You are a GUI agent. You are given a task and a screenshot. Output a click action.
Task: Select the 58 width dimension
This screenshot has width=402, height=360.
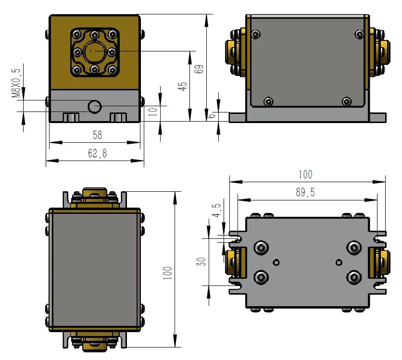coord(97,135)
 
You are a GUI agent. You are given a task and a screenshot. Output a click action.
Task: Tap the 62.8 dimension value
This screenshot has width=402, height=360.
coord(97,154)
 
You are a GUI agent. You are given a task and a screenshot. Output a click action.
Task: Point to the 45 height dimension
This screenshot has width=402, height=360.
coord(182,86)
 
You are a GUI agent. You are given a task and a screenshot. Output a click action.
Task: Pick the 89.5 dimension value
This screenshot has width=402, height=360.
coord(305,193)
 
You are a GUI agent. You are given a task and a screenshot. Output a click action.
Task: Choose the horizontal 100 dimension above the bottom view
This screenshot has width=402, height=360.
coord(305,174)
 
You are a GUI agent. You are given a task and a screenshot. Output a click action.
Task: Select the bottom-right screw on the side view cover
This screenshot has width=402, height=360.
coord(347,101)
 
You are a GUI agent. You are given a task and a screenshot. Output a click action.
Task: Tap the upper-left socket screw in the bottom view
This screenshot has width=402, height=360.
coord(261,248)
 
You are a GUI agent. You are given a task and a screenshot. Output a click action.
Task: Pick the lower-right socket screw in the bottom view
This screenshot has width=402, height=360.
coord(354,277)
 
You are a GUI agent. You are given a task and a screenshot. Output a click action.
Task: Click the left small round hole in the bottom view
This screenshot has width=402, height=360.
coord(276,262)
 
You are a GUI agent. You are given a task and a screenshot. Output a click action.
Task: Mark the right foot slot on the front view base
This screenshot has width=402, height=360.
coord(119,117)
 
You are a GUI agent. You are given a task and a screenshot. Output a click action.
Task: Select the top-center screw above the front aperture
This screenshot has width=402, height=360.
coord(95,34)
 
